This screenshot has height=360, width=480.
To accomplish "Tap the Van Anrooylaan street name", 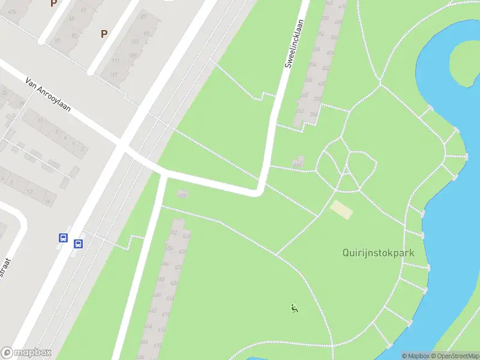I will coord(48,95).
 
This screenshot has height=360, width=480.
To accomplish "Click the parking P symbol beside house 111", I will coord(104,34).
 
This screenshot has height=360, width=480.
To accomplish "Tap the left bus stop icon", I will coord(62,238).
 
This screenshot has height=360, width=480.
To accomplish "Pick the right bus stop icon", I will coord(78,244).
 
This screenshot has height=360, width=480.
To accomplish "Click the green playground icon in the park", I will coord(294,309).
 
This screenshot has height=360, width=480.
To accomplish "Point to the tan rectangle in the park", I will coord(342,209).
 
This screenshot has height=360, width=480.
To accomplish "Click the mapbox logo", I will coord(26,353).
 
